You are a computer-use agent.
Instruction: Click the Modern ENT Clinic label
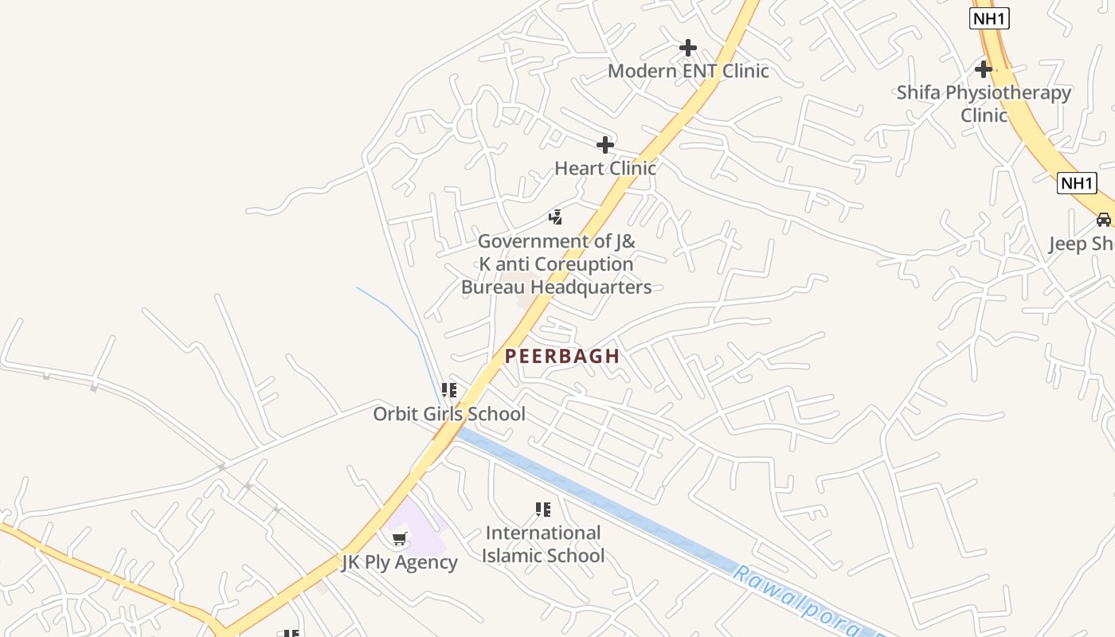[x=688, y=71]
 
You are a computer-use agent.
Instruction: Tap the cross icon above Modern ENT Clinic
[x=688, y=48]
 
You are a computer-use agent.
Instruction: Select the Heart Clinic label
[x=605, y=168]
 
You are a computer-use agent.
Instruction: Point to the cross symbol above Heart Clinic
[x=605, y=145]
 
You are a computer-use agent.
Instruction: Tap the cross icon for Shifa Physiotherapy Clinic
[x=984, y=68]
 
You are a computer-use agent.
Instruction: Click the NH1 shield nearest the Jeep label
[x=1077, y=183]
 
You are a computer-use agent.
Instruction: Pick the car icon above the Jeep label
[x=1103, y=220]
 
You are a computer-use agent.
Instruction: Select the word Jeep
[x=1067, y=244]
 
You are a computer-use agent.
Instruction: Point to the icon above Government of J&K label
[x=556, y=217]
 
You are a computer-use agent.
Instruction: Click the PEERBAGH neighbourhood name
[x=562, y=356]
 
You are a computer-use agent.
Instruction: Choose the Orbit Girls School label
[x=449, y=414]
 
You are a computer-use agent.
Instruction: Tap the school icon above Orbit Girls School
[x=449, y=390]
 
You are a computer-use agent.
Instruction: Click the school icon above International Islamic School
[x=543, y=510]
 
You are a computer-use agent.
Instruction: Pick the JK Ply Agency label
[x=400, y=562]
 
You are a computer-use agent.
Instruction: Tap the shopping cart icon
[x=400, y=539]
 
